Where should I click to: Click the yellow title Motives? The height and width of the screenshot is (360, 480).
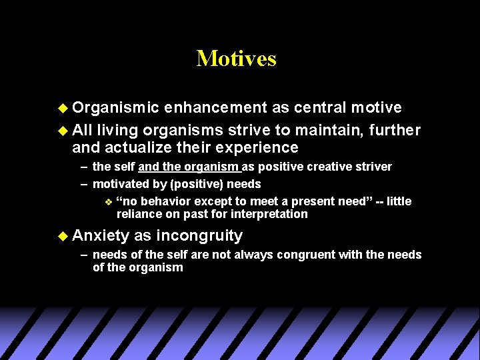(x=236, y=59)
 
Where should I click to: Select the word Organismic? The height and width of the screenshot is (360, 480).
(x=116, y=107)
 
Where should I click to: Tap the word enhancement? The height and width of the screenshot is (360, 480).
(x=217, y=107)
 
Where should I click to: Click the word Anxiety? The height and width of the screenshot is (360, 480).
(x=101, y=235)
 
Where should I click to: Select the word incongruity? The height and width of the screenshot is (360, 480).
(x=199, y=235)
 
